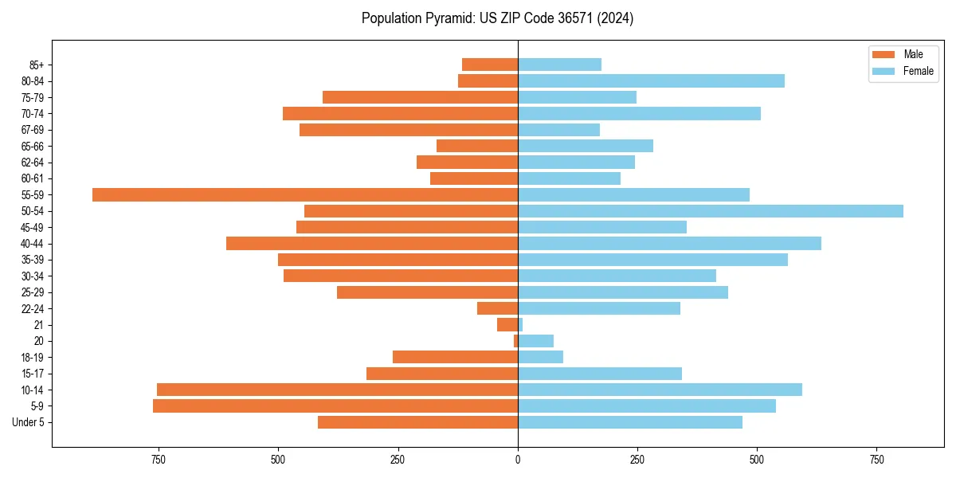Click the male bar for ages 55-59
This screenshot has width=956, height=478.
[305, 195]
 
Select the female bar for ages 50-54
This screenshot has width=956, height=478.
[711, 211]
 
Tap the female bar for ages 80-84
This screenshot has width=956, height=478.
[651, 81]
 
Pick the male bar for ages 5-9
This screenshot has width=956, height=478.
[335, 406]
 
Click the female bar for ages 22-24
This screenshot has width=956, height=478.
[599, 308]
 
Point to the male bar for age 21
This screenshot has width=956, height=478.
[507, 325]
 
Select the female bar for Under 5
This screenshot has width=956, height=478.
[630, 422]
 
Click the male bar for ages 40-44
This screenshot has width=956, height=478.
[372, 244]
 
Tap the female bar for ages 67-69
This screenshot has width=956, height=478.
[558, 130]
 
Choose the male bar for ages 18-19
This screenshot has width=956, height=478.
[455, 357]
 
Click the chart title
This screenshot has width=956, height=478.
[497, 18]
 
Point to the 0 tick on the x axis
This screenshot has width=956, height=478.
[518, 460]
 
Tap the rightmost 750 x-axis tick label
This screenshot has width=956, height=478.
[876, 460]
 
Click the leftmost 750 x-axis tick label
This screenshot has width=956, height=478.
[159, 460]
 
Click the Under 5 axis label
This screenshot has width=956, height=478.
[28, 422]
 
